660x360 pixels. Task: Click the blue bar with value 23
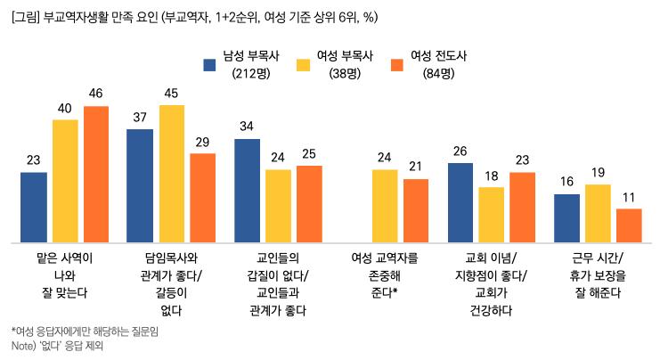click(x=34, y=207)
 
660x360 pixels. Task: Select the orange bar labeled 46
click(x=96, y=174)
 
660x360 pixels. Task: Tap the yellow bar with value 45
click(x=172, y=173)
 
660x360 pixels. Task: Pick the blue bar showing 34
click(x=248, y=190)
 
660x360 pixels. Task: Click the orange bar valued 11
click(x=629, y=225)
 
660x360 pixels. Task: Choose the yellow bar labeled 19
click(x=598, y=213)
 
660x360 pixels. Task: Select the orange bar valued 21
click(x=416, y=210)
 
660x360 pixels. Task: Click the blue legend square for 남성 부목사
click(x=210, y=64)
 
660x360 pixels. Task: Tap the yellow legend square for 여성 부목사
click(x=304, y=64)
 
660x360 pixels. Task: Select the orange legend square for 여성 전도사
click(x=398, y=64)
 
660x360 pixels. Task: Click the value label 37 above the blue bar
click(x=140, y=118)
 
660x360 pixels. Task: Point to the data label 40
click(x=65, y=107)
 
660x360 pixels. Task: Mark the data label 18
click(x=491, y=176)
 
